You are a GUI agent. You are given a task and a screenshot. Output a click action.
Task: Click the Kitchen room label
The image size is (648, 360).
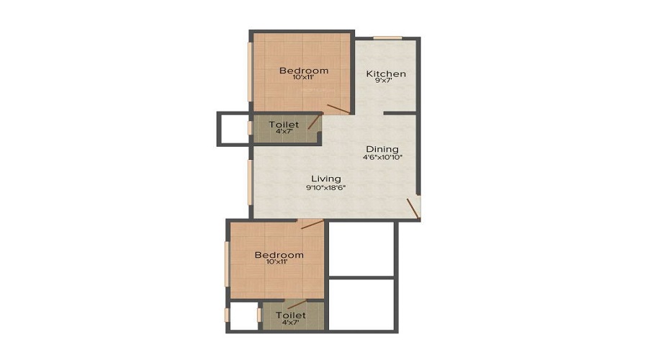pos(386,74)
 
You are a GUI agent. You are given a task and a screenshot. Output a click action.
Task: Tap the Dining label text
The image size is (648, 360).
pos(382,149)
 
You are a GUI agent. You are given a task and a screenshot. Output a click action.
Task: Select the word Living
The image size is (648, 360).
pos(326,179)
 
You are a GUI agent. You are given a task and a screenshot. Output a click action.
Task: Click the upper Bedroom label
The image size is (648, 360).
pos(304,71)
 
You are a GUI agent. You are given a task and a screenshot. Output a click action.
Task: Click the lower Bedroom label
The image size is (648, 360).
pos(279,255)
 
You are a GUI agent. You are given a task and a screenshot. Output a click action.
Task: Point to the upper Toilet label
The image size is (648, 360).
pos(284,125)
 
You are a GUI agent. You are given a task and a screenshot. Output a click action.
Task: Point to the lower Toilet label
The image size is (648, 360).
pos(291,315)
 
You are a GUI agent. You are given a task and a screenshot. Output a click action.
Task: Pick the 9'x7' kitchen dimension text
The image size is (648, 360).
pos(383,81)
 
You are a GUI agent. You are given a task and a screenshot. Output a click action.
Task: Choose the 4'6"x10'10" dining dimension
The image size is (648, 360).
pos(383,157)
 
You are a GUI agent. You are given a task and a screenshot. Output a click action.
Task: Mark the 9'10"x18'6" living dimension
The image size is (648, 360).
pos(325,187)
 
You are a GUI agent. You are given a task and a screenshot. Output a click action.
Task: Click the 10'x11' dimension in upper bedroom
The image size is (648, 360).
pos(303,77)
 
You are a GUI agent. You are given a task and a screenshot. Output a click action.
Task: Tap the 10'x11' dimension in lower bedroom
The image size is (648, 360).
pos(277,261)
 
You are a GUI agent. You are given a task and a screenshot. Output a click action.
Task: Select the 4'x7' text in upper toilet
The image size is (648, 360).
pos(284,131)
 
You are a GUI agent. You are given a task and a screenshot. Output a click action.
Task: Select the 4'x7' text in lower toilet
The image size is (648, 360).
pos(290,322)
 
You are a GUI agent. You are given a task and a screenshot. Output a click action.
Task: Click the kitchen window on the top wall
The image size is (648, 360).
pos(387,38)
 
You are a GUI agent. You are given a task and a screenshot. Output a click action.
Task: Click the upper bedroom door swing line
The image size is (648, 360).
pos(338,109)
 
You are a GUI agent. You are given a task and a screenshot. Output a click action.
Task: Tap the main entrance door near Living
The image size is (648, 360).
pos(413,209)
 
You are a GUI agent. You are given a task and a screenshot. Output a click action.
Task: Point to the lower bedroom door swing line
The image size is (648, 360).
pos(312,225)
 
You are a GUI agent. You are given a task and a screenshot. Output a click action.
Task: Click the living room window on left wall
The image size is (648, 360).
pos(250,182)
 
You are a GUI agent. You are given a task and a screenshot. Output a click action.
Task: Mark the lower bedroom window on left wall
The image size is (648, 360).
pos(227,264)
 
